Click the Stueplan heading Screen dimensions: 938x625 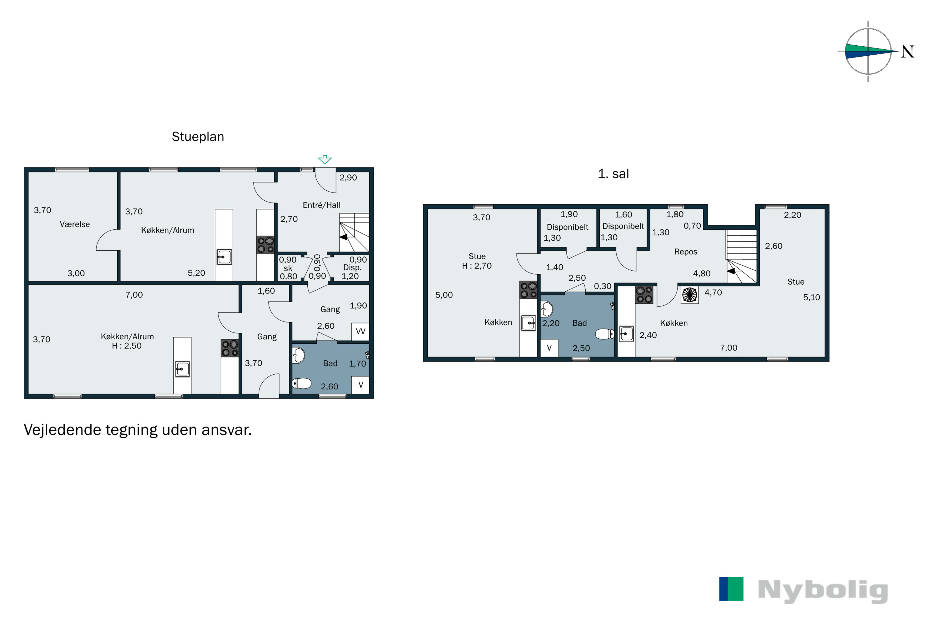198,137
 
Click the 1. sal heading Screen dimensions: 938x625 613,174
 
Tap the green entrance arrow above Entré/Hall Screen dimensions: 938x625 325,159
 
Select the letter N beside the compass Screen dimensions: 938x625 908,52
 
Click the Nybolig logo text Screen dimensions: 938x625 823,591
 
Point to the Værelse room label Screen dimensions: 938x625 75,224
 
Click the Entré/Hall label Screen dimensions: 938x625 321,205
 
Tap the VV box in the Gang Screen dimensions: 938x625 360,331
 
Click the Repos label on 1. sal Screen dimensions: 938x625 686,252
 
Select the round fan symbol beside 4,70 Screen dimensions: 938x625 689,295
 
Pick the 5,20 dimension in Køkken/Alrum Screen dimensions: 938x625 196,273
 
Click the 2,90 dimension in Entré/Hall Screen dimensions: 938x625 348,178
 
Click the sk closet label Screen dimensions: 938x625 288,268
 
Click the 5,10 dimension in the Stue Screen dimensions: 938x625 812,298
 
